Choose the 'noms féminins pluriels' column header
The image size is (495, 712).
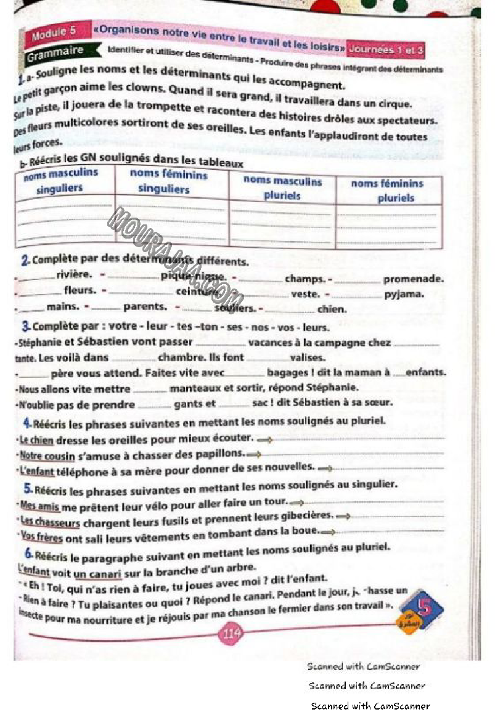(x=387, y=190)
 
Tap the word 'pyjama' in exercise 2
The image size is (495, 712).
(x=404, y=294)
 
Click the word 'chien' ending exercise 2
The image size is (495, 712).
(x=332, y=309)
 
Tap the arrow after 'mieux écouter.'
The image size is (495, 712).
(x=264, y=440)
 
